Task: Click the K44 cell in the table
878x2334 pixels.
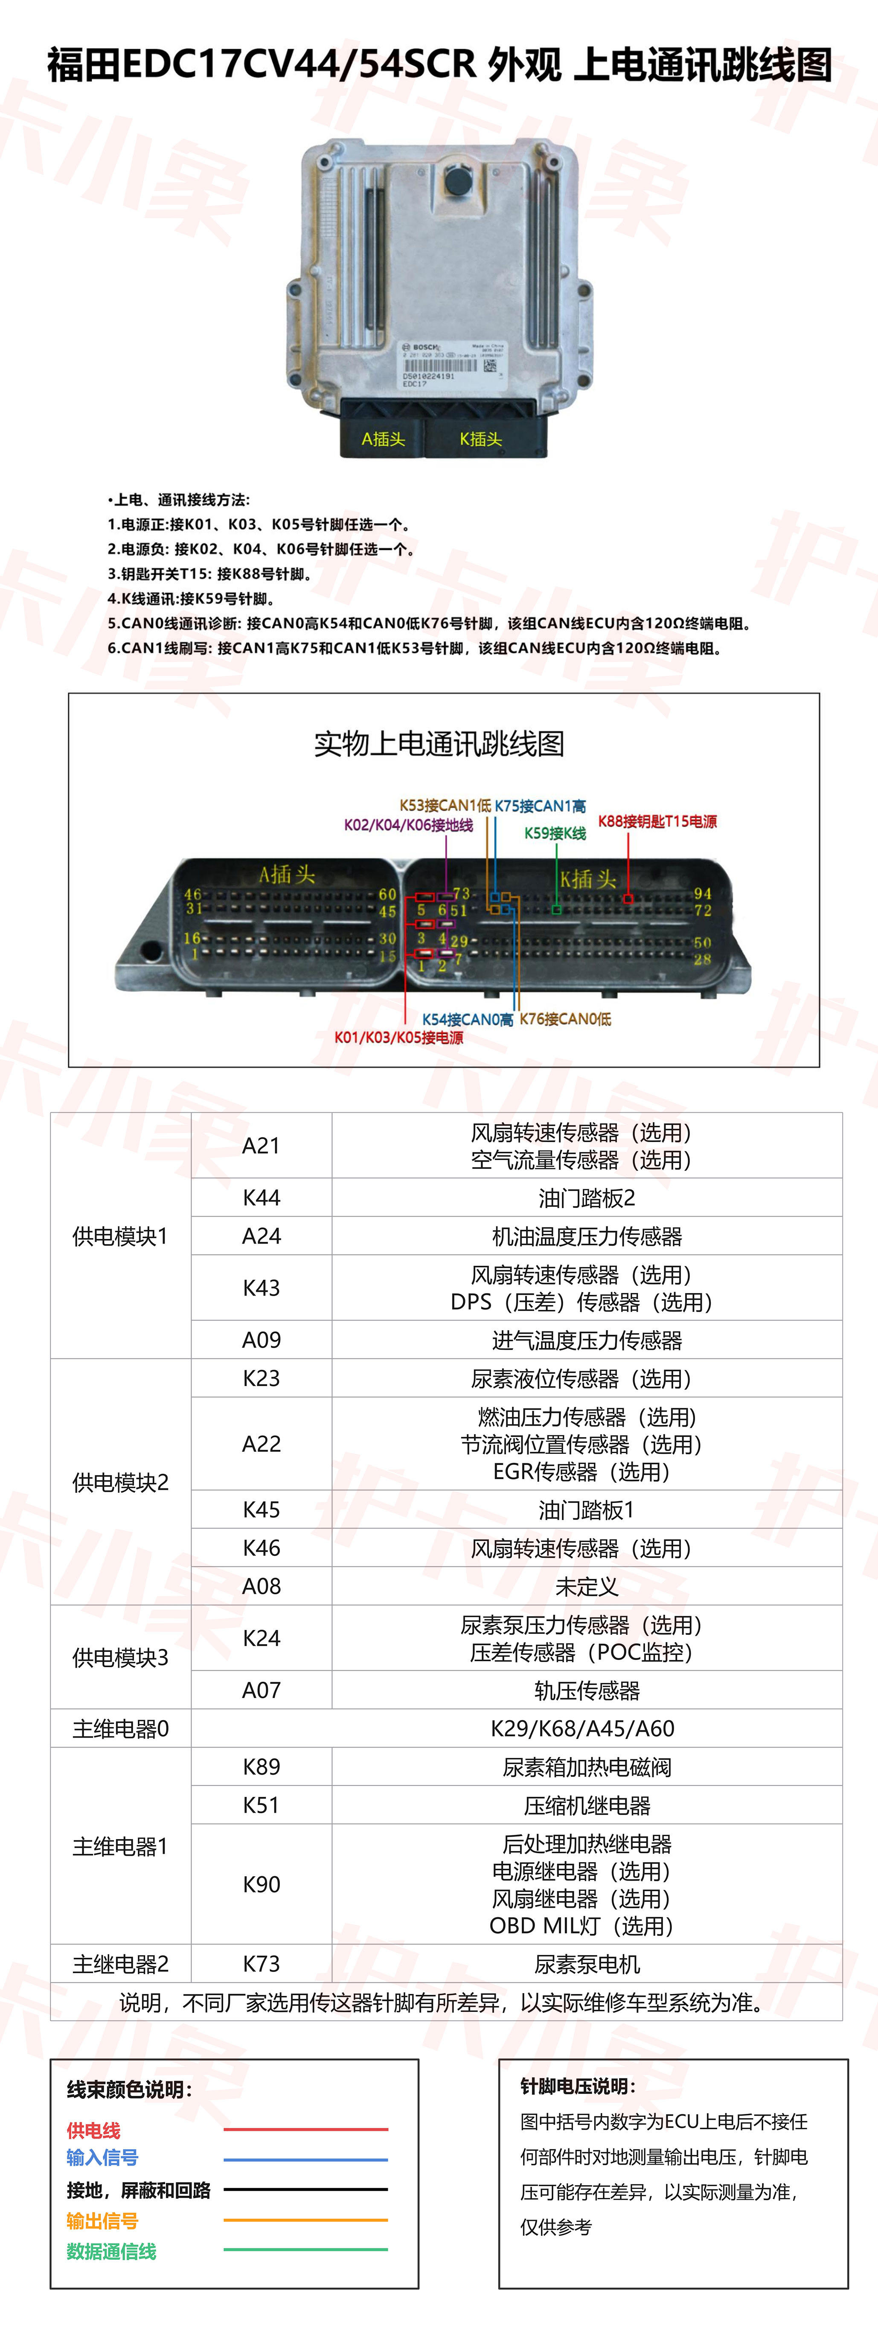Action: click(261, 1198)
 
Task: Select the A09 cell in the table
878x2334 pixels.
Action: click(261, 1340)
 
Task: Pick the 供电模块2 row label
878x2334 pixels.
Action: click(120, 1482)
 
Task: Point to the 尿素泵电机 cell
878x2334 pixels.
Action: click(586, 1964)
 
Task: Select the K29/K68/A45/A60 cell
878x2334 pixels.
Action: click(583, 1729)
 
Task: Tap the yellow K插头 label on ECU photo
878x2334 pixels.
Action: click(480, 439)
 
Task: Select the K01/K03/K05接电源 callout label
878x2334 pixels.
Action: click(398, 1038)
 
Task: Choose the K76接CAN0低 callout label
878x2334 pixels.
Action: click(565, 1019)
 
